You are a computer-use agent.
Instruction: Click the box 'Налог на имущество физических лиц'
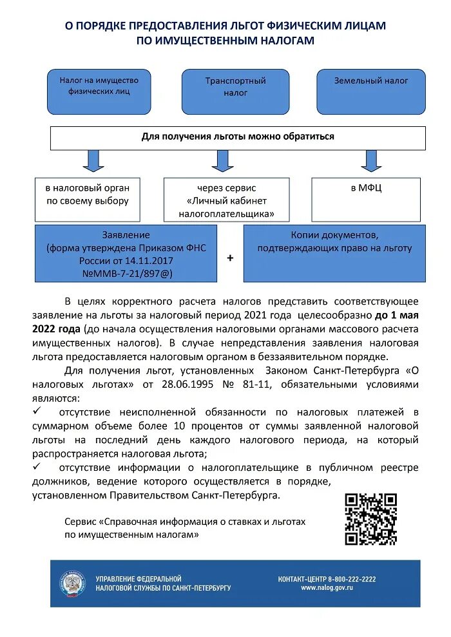[99, 91]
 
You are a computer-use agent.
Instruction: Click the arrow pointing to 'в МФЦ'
[370, 160]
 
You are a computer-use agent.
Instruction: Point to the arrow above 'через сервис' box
[222, 160]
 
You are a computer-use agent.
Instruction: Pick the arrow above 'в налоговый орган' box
[93, 160]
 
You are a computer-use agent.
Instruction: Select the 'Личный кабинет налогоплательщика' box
[226, 200]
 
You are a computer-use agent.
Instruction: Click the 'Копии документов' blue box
[334, 252]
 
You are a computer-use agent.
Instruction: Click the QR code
[370, 518]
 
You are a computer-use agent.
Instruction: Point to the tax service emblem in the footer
[72, 583]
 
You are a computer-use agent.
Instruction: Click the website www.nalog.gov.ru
[327, 588]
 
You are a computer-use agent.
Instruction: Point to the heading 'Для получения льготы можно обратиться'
[238, 137]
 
